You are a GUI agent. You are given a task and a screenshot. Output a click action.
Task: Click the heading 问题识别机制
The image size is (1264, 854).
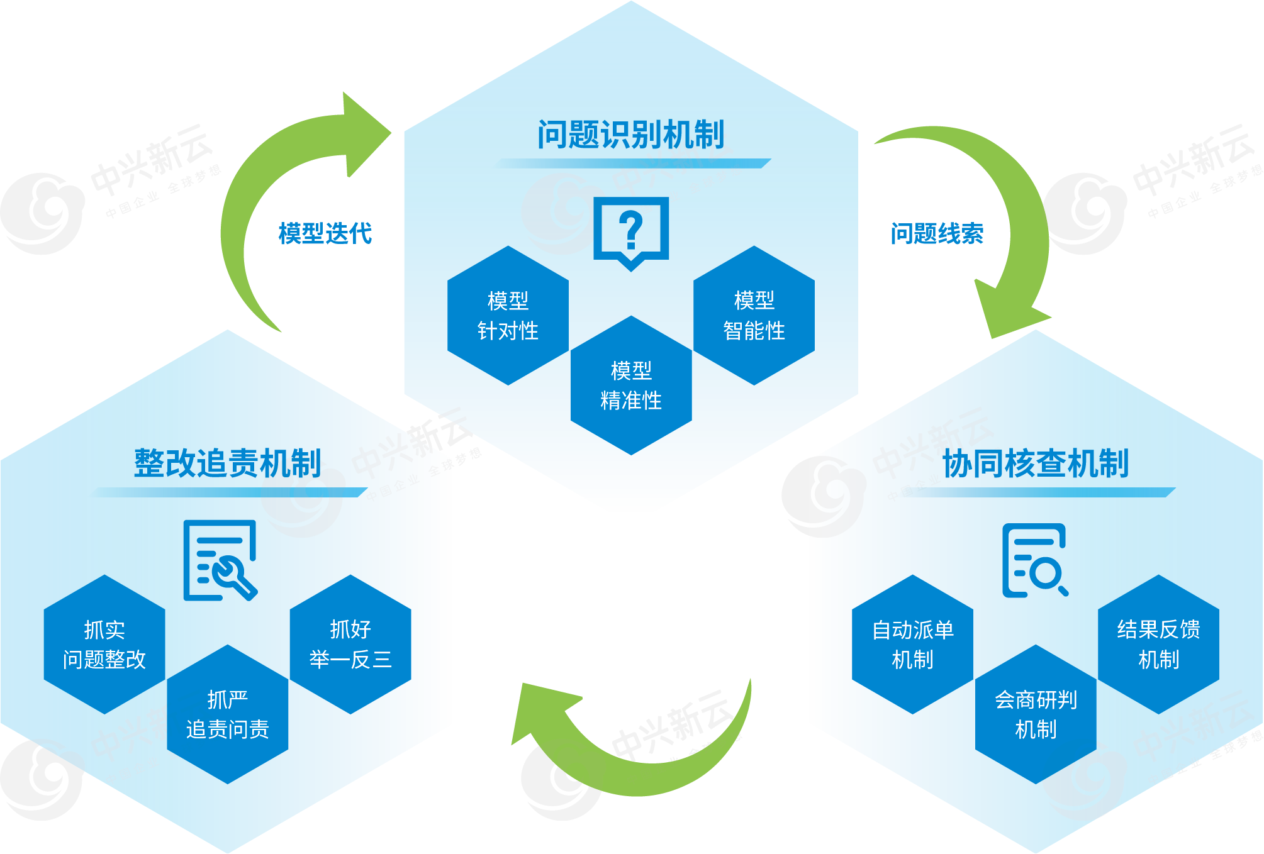(x=631, y=135)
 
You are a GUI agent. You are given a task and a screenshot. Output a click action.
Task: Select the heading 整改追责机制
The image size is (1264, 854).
(x=227, y=463)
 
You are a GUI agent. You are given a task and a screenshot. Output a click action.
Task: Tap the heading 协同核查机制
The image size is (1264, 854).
(x=1036, y=463)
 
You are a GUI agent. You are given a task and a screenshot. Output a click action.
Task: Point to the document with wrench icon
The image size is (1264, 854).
(x=220, y=560)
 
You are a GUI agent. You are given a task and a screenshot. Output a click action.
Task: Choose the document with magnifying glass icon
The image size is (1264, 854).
(x=1035, y=560)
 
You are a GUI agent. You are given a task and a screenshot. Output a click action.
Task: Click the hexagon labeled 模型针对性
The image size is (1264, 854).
(x=508, y=316)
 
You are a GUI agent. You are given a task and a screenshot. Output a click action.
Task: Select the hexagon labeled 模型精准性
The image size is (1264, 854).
(x=631, y=385)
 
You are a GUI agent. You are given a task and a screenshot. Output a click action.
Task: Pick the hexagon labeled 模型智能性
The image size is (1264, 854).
(x=754, y=316)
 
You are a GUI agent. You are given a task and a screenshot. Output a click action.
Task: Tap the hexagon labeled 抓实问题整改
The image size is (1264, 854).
(x=104, y=645)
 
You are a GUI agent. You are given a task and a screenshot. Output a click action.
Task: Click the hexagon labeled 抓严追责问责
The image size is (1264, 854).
(x=228, y=714)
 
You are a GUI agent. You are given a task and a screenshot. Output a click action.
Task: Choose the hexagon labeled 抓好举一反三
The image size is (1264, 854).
(x=350, y=645)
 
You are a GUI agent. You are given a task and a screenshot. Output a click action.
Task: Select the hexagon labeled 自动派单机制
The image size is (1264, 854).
(x=912, y=645)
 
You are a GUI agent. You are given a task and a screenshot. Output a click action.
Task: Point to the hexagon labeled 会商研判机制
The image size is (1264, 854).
(x=1036, y=714)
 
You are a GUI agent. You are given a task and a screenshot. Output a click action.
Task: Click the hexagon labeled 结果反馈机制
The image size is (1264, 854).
(x=1159, y=645)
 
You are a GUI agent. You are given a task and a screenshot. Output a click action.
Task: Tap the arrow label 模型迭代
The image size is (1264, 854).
(x=325, y=233)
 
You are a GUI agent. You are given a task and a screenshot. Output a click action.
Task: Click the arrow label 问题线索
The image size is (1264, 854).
(x=937, y=233)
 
